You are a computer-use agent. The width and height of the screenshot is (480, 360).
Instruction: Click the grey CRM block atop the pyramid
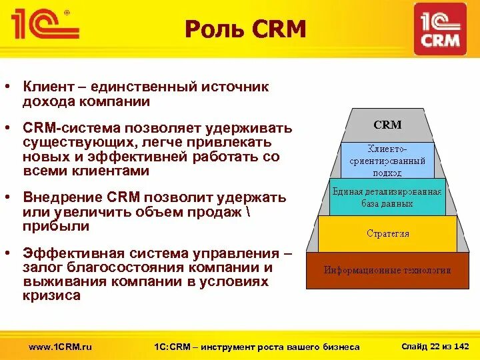pyautogui.click(x=387, y=125)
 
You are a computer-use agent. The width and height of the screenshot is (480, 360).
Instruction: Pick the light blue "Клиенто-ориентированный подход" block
pyautogui.click(x=387, y=160)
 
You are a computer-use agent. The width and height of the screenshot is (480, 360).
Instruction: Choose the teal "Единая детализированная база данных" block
pyautogui.click(x=387, y=197)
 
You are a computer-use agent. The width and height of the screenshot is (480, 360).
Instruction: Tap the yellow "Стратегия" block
pyautogui.click(x=387, y=233)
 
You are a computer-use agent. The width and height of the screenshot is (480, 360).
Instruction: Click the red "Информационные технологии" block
pyautogui.click(x=387, y=270)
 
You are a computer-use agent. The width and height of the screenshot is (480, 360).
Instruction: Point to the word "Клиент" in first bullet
pyautogui.click(x=47, y=87)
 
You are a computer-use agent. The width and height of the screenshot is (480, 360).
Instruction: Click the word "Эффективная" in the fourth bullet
pyautogui.click(x=73, y=253)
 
